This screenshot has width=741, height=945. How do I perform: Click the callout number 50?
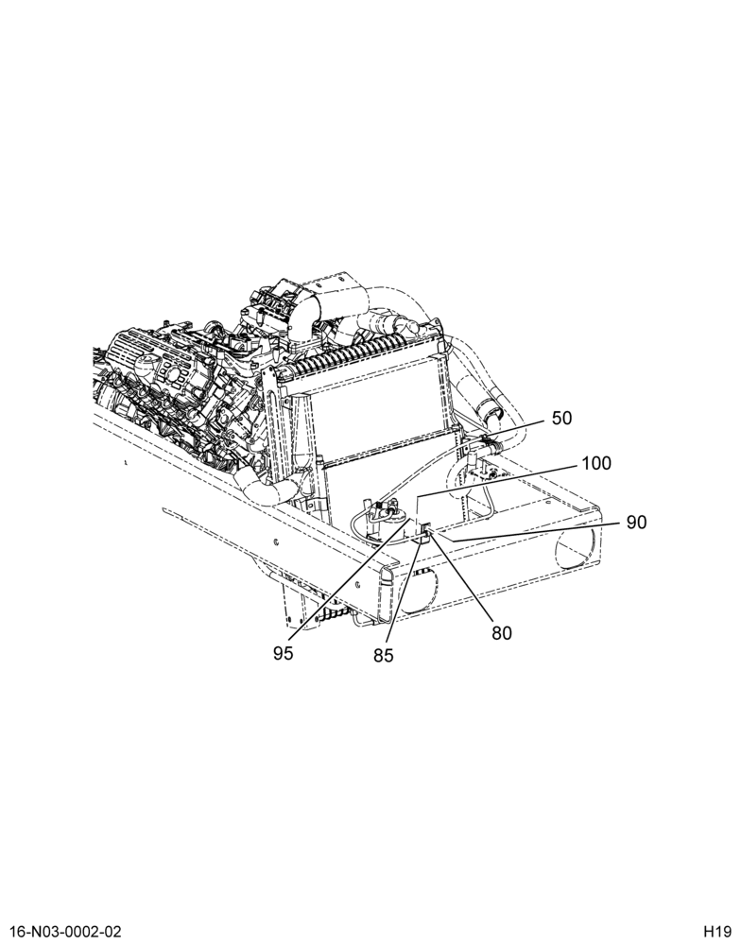(x=561, y=418)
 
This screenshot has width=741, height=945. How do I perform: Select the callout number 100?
(x=595, y=463)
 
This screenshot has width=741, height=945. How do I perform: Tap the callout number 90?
(x=636, y=522)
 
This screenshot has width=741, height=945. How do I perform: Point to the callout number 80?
(x=501, y=633)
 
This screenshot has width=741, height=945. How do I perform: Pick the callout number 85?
(x=383, y=655)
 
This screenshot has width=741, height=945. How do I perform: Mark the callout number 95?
(x=283, y=653)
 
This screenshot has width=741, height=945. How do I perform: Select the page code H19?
(x=716, y=931)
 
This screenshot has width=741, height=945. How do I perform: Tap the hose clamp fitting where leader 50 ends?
(x=491, y=447)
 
